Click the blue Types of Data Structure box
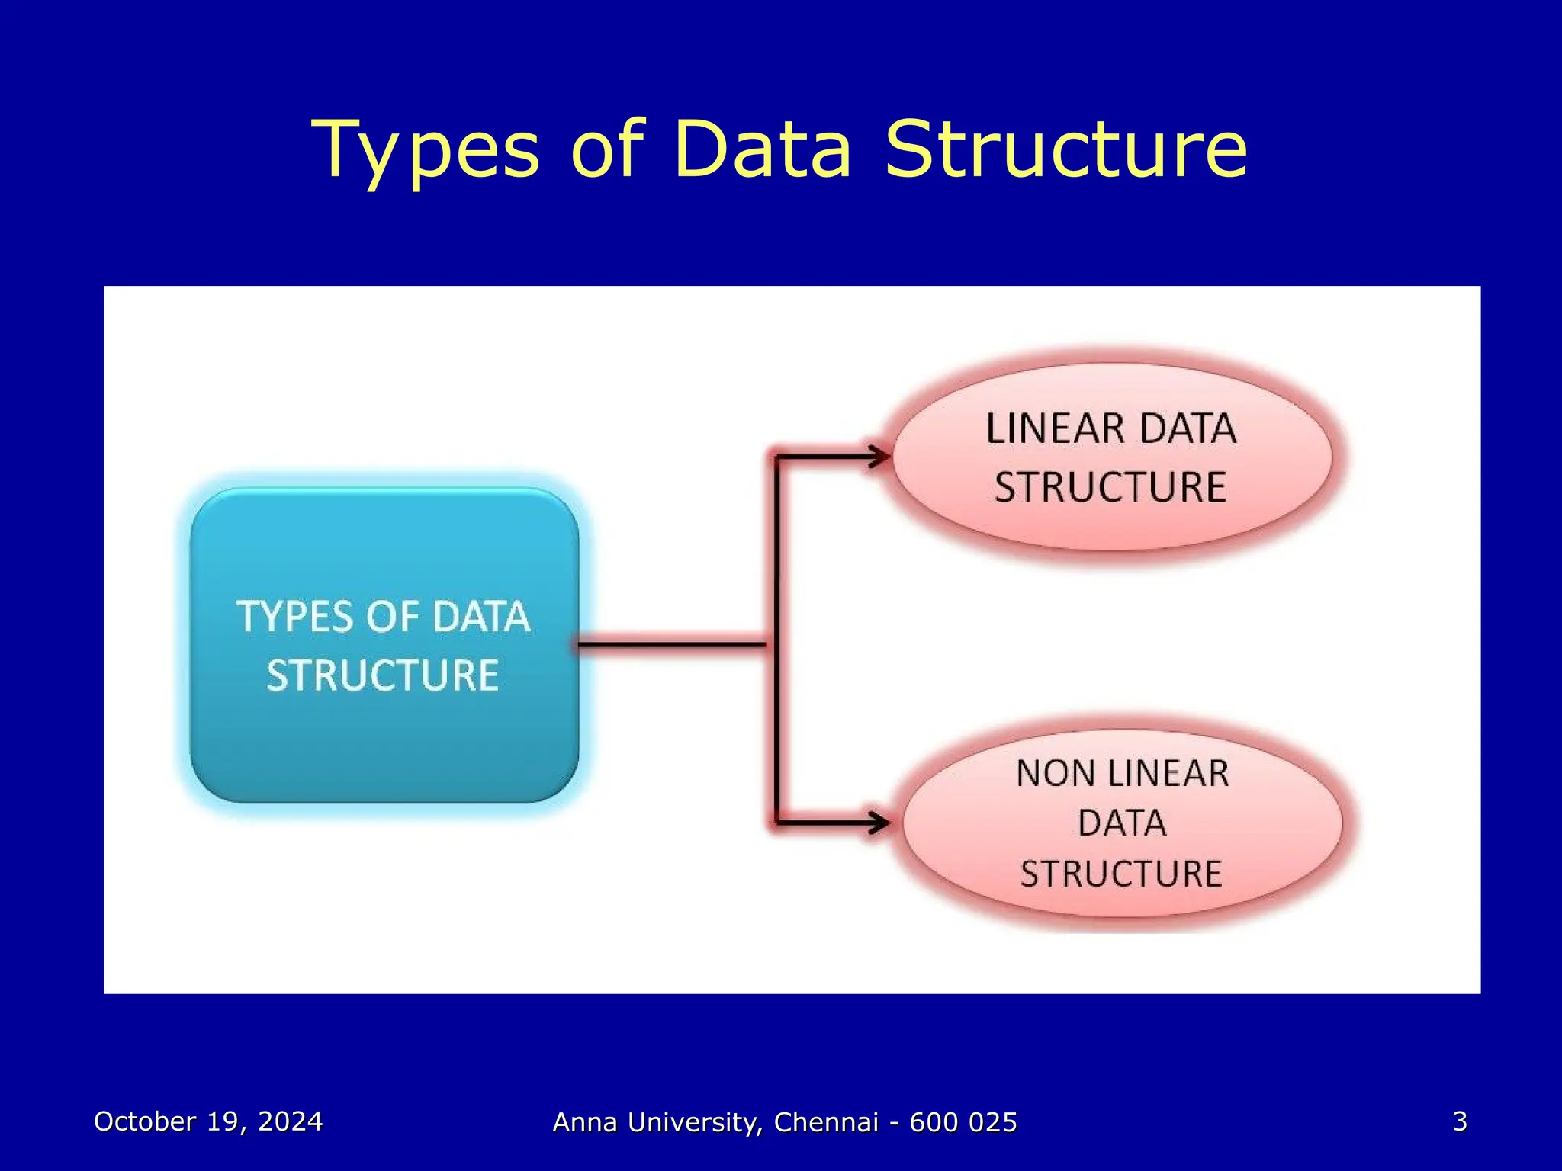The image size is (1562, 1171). coord(384,732)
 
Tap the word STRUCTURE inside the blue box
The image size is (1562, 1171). coord(383,675)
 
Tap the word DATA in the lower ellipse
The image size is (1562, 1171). coord(1122,823)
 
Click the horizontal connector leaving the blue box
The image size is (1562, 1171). coord(671,645)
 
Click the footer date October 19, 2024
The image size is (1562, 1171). coord(208,1121)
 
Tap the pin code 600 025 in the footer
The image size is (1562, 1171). coord(963,1122)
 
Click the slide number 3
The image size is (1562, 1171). coord(1459,1121)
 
